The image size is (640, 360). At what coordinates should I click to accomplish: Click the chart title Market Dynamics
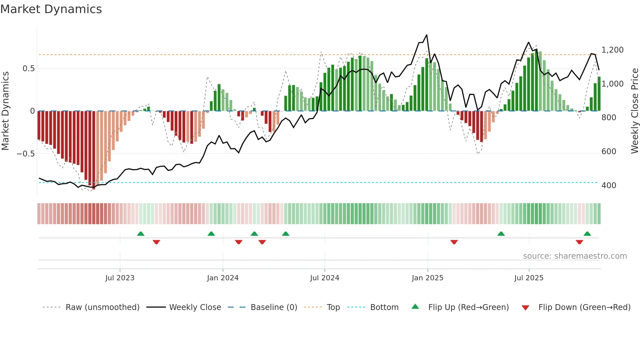click(x=51, y=9)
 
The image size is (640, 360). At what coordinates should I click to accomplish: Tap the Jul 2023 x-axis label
click(x=120, y=278)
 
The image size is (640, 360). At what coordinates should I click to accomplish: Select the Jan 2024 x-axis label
click(x=223, y=278)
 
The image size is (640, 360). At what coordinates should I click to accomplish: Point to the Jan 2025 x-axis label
click(x=427, y=278)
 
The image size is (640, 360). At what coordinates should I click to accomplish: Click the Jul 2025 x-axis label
click(x=529, y=278)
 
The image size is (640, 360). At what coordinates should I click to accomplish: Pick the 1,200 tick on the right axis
click(x=612, y=50)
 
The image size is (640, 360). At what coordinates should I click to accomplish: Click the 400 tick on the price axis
click(x=609, y=186)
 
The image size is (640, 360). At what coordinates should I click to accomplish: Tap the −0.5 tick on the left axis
click(x=26, y=154)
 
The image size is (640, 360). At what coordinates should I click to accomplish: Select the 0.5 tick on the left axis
click(x=28, y=69)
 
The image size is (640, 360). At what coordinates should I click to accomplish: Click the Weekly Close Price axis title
click(x=634, y=111)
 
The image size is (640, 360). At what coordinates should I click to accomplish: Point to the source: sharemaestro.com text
click(x=575, y=256)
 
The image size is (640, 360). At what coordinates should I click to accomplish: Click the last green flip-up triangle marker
click(x=587, y=234)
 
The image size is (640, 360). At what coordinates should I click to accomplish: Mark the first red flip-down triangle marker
click(x=156, y=242)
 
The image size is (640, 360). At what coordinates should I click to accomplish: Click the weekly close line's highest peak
click(x=426, y=35)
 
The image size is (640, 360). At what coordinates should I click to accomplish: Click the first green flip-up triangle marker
click(x=141, y=234)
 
